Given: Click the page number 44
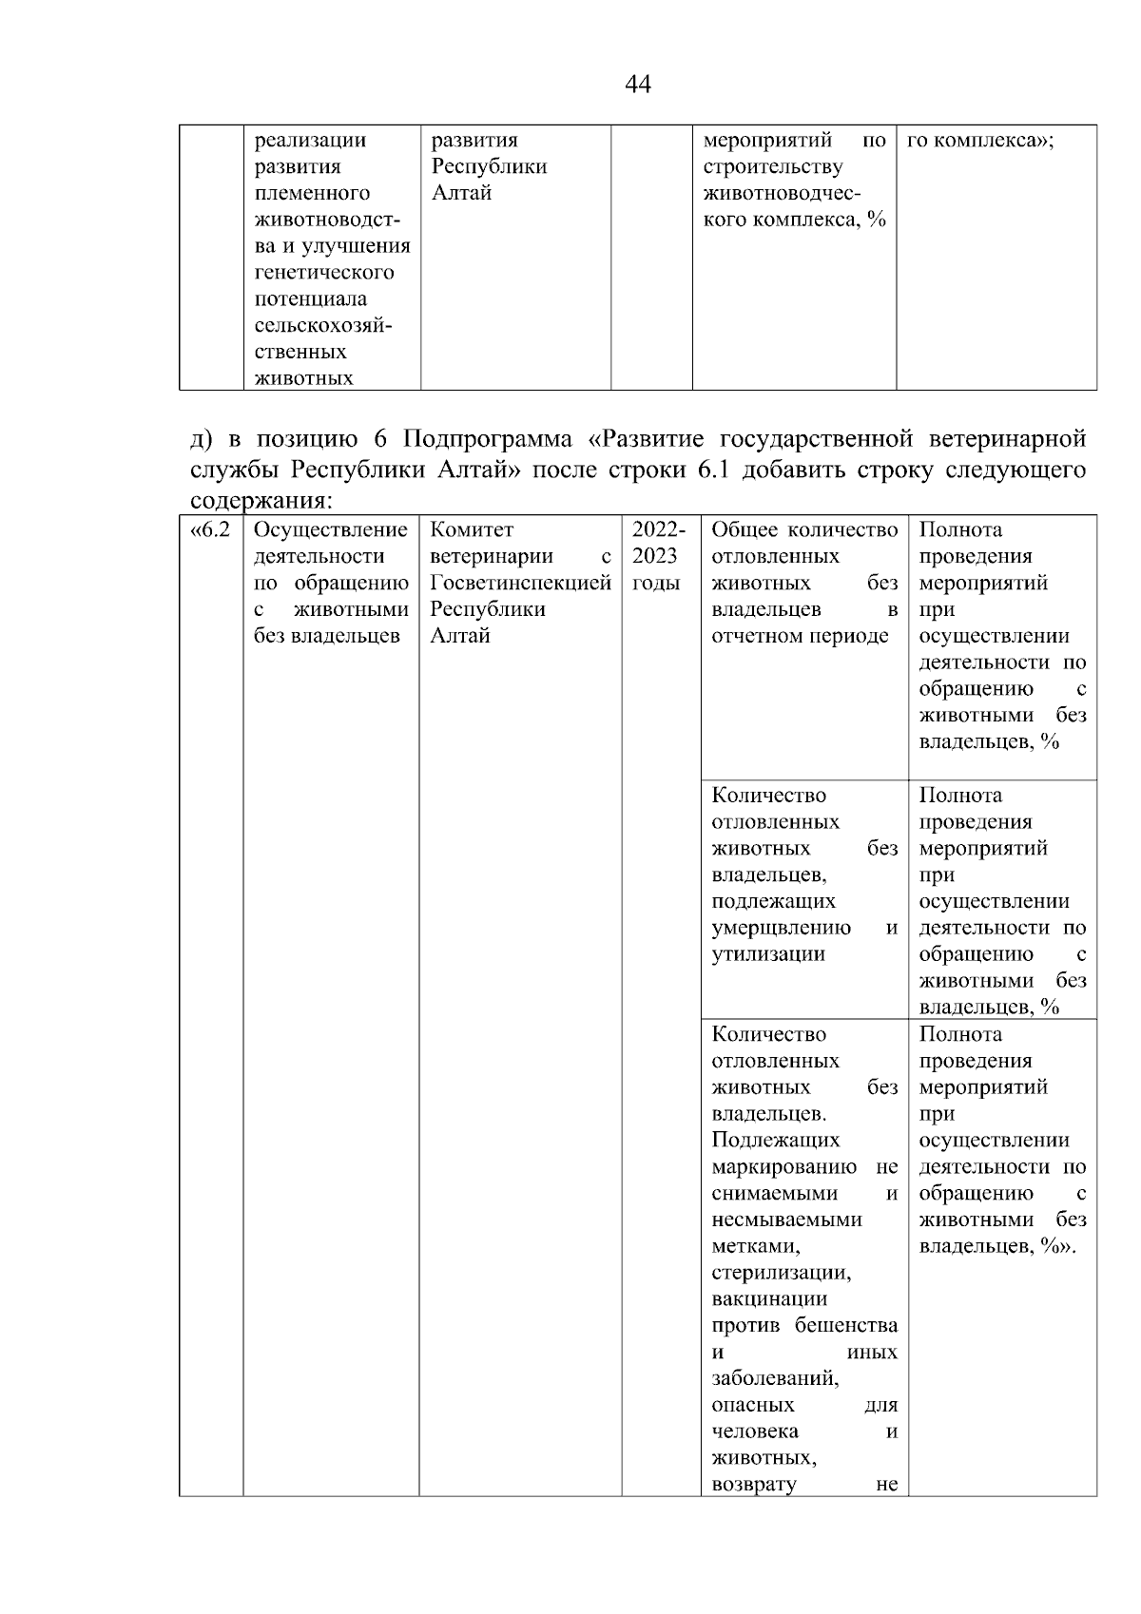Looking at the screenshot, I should coord(638,85).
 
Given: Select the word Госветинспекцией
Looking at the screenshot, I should coord(520,583).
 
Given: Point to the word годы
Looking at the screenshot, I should coord(655,583).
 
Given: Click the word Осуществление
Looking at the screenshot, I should coord(331,529).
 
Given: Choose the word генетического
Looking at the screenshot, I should coord(323,273).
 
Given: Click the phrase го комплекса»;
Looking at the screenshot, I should coord(980,141).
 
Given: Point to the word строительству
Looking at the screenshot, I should coord(772,167).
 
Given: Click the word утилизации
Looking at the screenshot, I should coord(767,953).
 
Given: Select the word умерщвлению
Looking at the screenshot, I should coord(781,927).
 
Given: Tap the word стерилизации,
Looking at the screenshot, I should coord(781,1272).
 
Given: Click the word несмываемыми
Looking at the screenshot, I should coord(786,1219).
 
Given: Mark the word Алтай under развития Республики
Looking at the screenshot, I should coord(461,193).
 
